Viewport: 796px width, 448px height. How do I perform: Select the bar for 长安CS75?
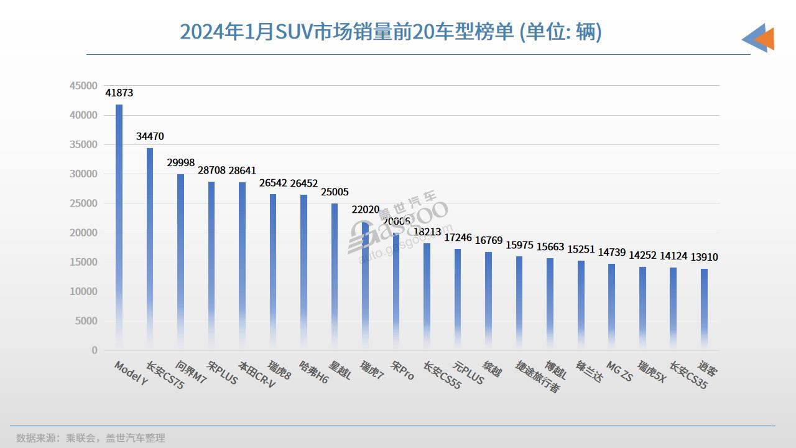tap(150, 249)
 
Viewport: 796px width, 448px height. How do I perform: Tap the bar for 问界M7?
tap(180, 262)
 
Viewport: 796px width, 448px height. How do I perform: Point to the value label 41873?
tap(119, 93)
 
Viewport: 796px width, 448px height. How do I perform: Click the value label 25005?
tap(335, 192)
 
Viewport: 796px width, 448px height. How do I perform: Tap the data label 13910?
tap(704, 257)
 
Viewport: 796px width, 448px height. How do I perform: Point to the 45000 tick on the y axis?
tap(83, 86)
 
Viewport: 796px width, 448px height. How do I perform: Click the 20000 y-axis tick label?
tap(83, 233)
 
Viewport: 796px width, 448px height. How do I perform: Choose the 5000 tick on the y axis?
tap(86, 321)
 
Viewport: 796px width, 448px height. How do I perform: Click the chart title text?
tap(391, 32)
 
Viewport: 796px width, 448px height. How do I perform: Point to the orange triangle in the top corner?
tap(766, 39)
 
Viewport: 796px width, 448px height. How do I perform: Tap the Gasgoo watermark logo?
tap(404, 227)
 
